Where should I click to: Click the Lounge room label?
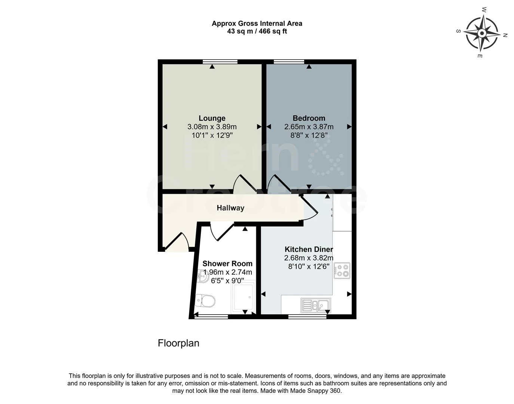click(212, 119)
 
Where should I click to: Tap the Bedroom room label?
click(309, 118)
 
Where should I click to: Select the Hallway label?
click(230, 208)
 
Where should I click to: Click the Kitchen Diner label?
click(309, 250)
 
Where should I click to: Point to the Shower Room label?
click(227, 264)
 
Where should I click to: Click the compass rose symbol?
click(482, 34)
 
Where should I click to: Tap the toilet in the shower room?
click(206, 300)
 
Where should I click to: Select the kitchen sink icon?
click(316, 305)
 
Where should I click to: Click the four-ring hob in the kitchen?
click(342, 270)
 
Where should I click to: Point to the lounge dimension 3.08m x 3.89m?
click(212, 127)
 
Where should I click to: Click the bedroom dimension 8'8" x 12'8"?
click(309, 135)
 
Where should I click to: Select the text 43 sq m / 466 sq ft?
click(257, 31)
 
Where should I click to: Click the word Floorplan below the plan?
click(178, 343)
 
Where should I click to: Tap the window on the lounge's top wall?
click(220, 62)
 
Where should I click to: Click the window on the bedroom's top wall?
click(289, 62)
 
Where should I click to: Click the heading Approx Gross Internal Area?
click(257, 23)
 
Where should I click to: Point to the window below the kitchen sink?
click(307, 317)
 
